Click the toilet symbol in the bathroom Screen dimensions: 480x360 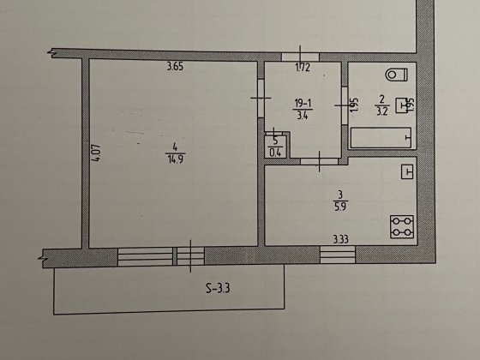396,75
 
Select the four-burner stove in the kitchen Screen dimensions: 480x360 402,227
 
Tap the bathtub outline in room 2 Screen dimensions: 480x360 381,138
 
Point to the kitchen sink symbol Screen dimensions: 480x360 407,171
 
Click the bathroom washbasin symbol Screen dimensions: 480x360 403,105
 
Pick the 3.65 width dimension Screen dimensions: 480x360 175,67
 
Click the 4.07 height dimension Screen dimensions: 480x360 96,153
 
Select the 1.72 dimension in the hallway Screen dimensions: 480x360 303,67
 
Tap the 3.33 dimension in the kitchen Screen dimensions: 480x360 341,239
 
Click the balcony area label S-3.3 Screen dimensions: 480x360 218,288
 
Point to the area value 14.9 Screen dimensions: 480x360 176,159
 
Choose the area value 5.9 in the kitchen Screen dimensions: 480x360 340,207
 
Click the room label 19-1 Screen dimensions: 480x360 303,104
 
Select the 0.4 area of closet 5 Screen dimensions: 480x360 275,152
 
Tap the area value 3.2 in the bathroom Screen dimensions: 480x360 381,111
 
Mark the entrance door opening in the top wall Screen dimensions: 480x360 300,57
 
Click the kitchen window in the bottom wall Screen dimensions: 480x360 338,255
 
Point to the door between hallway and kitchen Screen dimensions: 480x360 319,161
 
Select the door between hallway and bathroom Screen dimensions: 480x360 345,105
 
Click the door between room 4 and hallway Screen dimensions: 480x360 261,99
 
